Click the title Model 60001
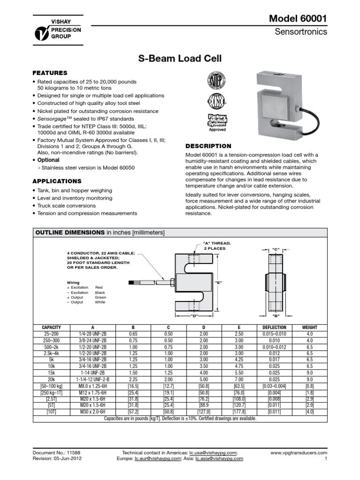298,18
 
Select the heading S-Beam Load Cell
180,59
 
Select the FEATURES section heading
49,73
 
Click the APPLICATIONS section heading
57,181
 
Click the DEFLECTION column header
270,327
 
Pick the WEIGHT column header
309,327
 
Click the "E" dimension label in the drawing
218,283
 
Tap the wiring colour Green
100,297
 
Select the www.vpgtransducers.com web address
299,453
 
